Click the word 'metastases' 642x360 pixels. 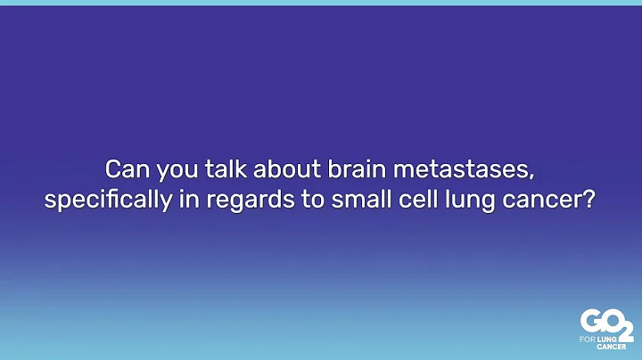pyautogui.click(x=429, y=168)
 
